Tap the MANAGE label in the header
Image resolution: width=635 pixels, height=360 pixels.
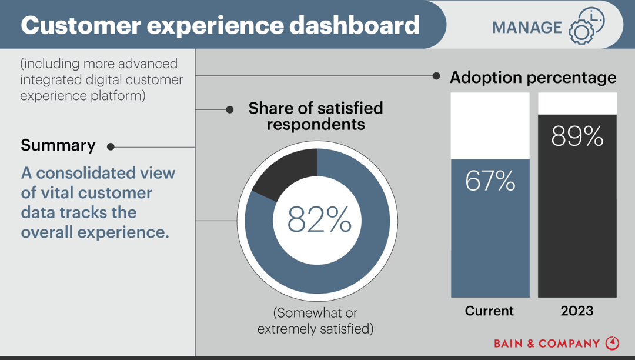(x=527, y=27)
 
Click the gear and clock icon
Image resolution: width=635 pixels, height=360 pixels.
(x=586, y=26)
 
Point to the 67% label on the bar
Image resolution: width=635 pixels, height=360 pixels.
(x=490, y=181)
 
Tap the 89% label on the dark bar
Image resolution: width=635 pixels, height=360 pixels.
(x=577, y=136)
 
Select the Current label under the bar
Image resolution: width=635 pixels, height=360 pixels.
(x=489, y=311)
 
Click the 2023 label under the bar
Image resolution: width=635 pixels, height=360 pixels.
(x=577, y=311)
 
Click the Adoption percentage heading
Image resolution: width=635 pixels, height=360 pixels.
(x=533, y=78)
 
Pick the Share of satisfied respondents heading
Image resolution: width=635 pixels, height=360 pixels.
(x=315, y=116)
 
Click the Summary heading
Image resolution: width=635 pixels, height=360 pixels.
(x=58, y=145)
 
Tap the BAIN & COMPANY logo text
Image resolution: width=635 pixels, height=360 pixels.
(x=546, y=343)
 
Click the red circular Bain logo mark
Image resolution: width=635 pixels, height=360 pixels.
(x=613, y=342)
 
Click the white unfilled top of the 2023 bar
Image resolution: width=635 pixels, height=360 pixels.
(x=577, y=104)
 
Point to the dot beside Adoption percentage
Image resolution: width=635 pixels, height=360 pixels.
(x=436, y=76)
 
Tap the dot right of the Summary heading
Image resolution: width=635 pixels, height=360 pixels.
(x=111, y=147)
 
